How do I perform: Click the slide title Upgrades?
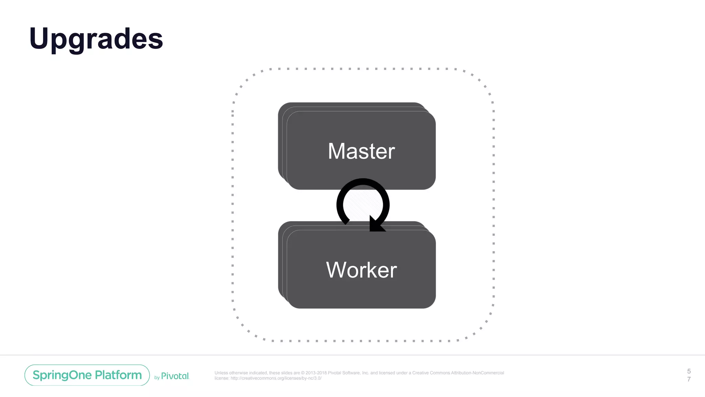click(96, 39)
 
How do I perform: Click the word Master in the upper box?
click(361, 151)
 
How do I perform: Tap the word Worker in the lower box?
click(361, 270)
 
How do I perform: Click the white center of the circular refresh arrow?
click(363, 205)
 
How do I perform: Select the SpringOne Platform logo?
click(87, 375)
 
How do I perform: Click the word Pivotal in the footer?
click(175, 376)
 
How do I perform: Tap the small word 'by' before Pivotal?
click(157, 378)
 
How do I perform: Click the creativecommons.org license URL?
click(276, 378)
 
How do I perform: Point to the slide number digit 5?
click(689, 371)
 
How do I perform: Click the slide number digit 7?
click(689, 379)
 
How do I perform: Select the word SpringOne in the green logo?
click(62, 375)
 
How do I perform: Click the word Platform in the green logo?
click(118, 375)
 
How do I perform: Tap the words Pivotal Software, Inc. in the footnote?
click(348, 373)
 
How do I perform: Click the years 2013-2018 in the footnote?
click(316, 373)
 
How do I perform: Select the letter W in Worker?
click(336, 270)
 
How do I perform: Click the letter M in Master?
click(336, 151)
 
